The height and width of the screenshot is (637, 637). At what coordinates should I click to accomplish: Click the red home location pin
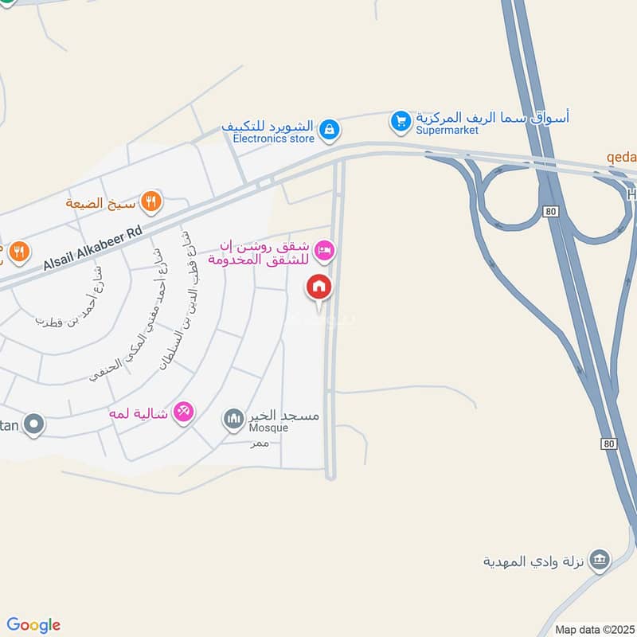pyautogui.click(x=319, y=287)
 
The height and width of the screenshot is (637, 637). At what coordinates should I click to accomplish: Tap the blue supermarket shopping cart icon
pyautogui.click(x=400, y=122)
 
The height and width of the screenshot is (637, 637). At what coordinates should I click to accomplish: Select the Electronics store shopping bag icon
pyautogui.click(x=328, y=127)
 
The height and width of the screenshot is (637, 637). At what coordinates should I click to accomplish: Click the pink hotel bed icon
pyautogui.click(x=324, y=252)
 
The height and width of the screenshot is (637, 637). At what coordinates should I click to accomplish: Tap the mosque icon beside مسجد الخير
pyautogui.click(x=233, y=418)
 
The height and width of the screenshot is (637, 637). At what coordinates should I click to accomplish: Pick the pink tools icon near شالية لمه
pyautogui.click(x=184, y=411)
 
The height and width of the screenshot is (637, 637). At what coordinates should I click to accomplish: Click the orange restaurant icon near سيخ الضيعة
pyautogui.click(x=150, y=202)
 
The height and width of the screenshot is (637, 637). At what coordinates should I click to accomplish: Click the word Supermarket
pyautogui.click(x=447, y=131)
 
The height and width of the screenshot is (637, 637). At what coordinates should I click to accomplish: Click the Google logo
pyautogui.click(x=33, y=625)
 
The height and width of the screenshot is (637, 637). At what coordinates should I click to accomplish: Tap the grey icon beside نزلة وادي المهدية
pyautogui.click(x=602, y=559)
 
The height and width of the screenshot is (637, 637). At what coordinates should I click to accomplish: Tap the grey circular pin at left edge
pyautogui.click(x=33, y=424)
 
